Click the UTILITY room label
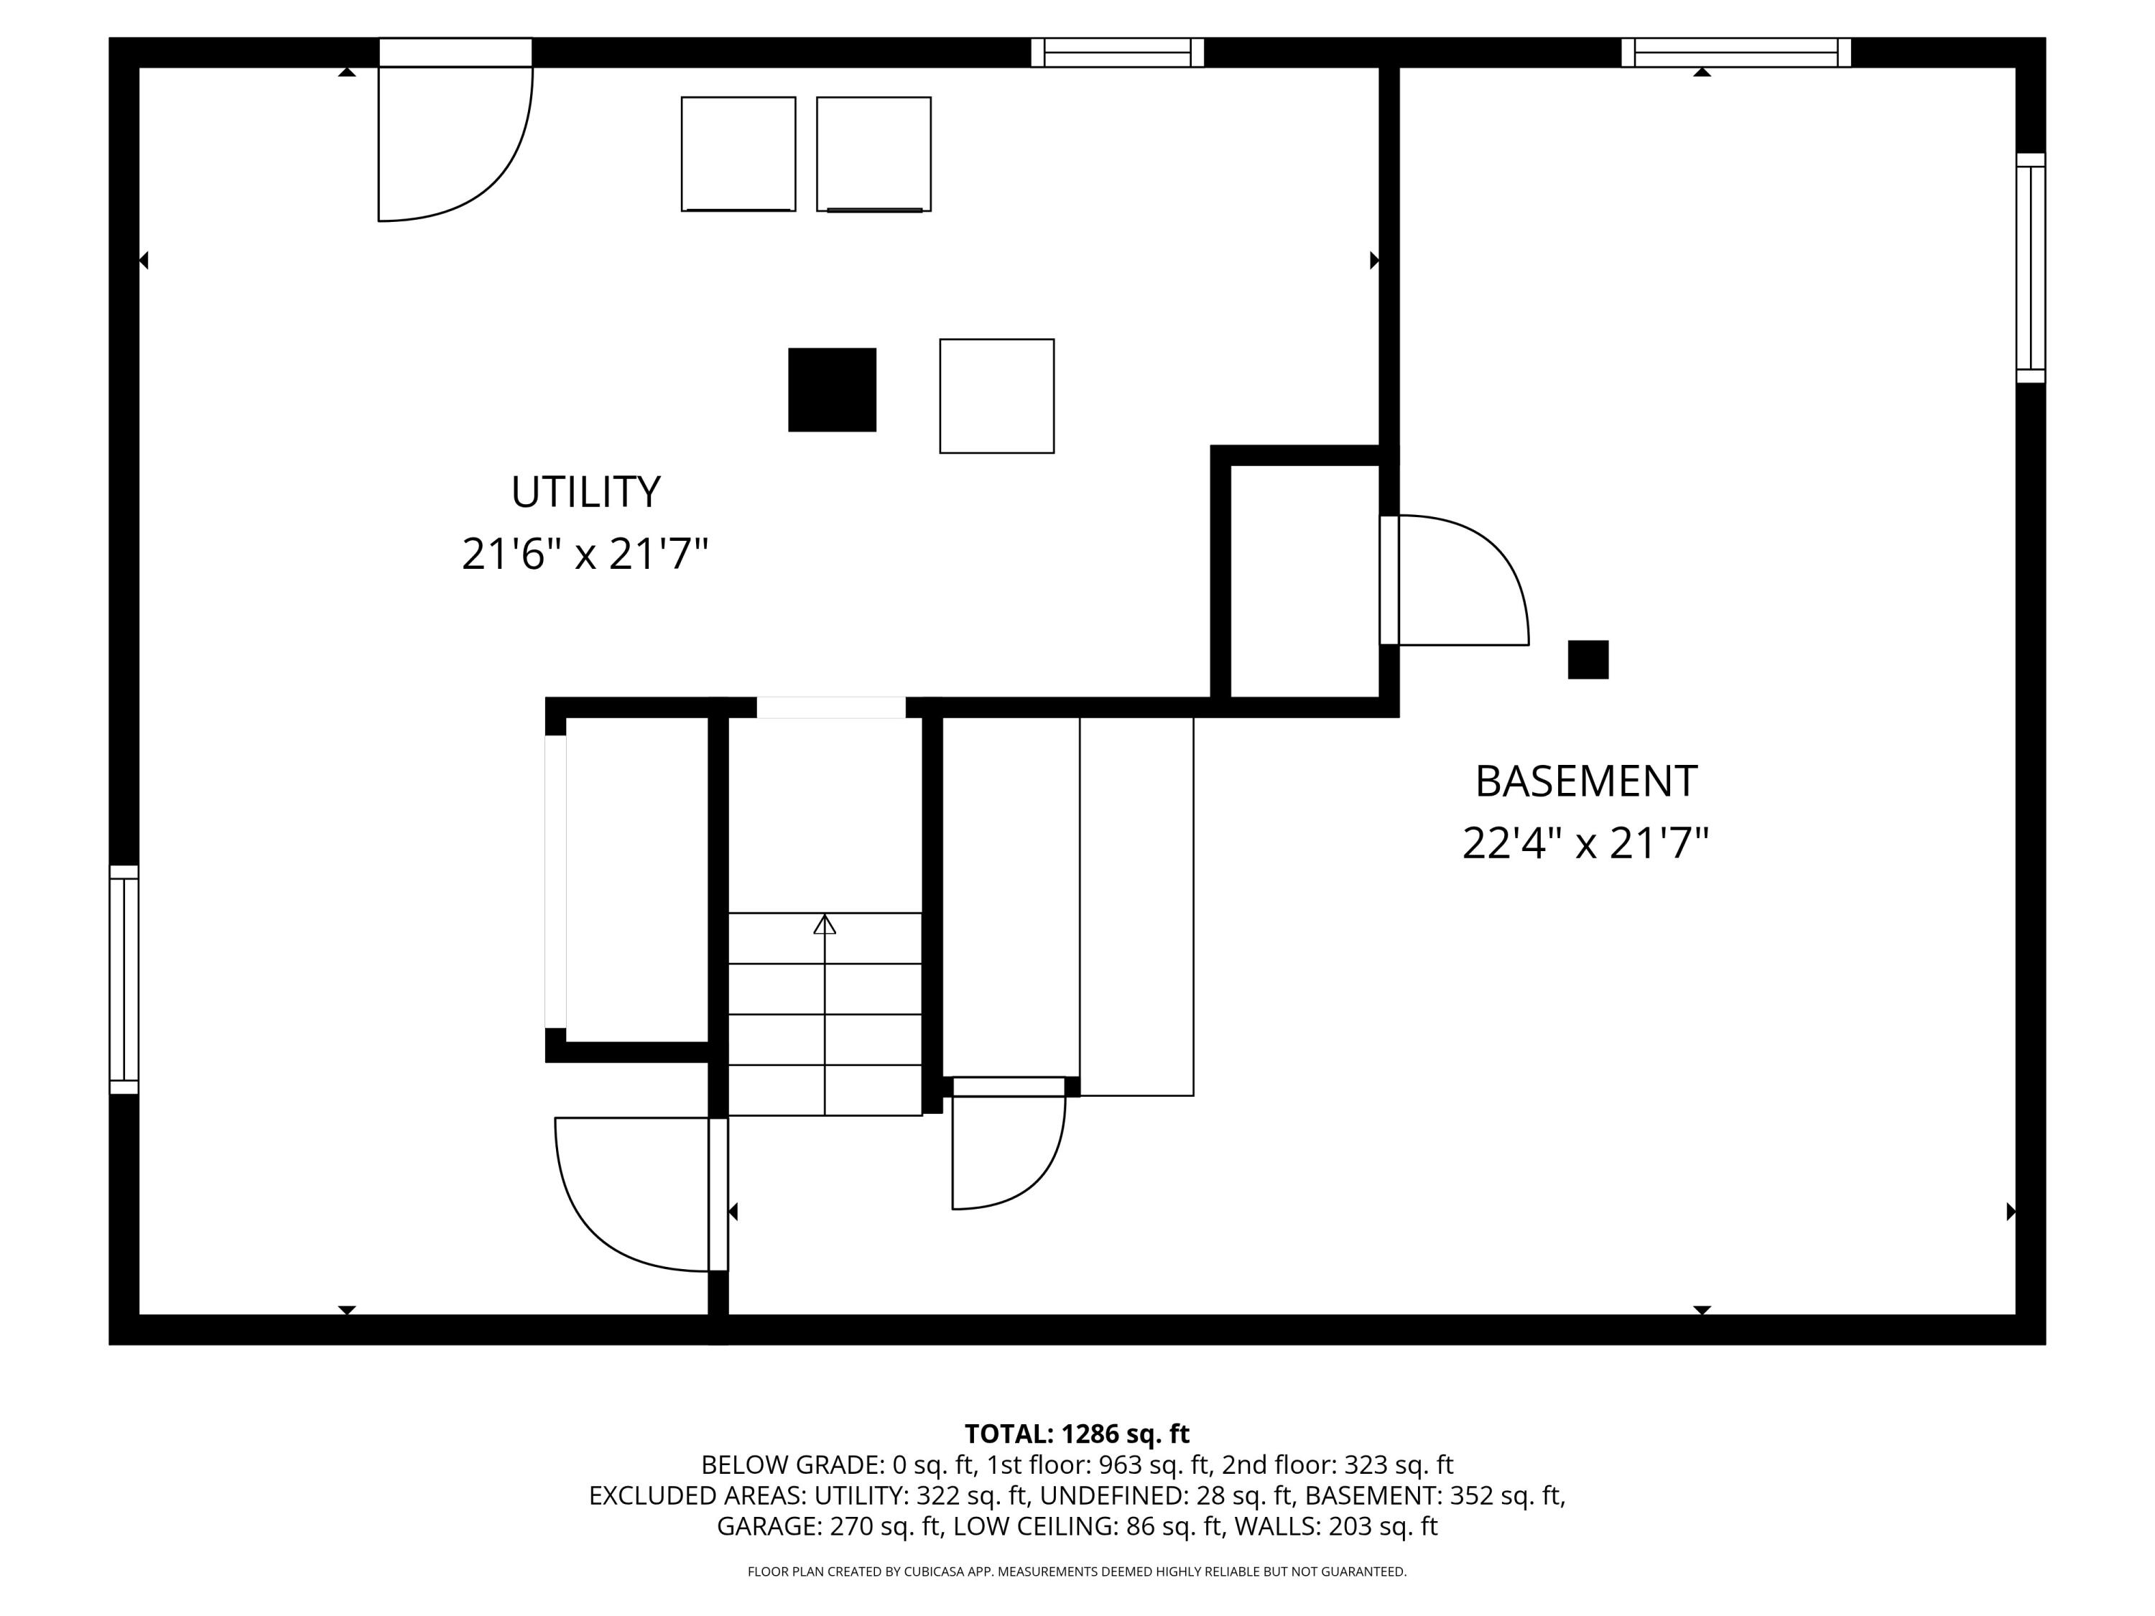(585, 492)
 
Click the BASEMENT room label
(1585, 781)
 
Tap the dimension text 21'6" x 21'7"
(585, 554)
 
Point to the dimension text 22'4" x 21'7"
(1585, 844)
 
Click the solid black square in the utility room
(832, 389)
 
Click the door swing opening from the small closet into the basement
(1461, 585)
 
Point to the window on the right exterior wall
(2030, 268)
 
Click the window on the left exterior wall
(124, 979)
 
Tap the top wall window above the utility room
(1118, 52)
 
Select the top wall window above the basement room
(1735, 52)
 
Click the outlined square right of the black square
(996, 396)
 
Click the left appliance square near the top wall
(738, 154)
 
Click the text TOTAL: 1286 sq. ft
(1077, 1434)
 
